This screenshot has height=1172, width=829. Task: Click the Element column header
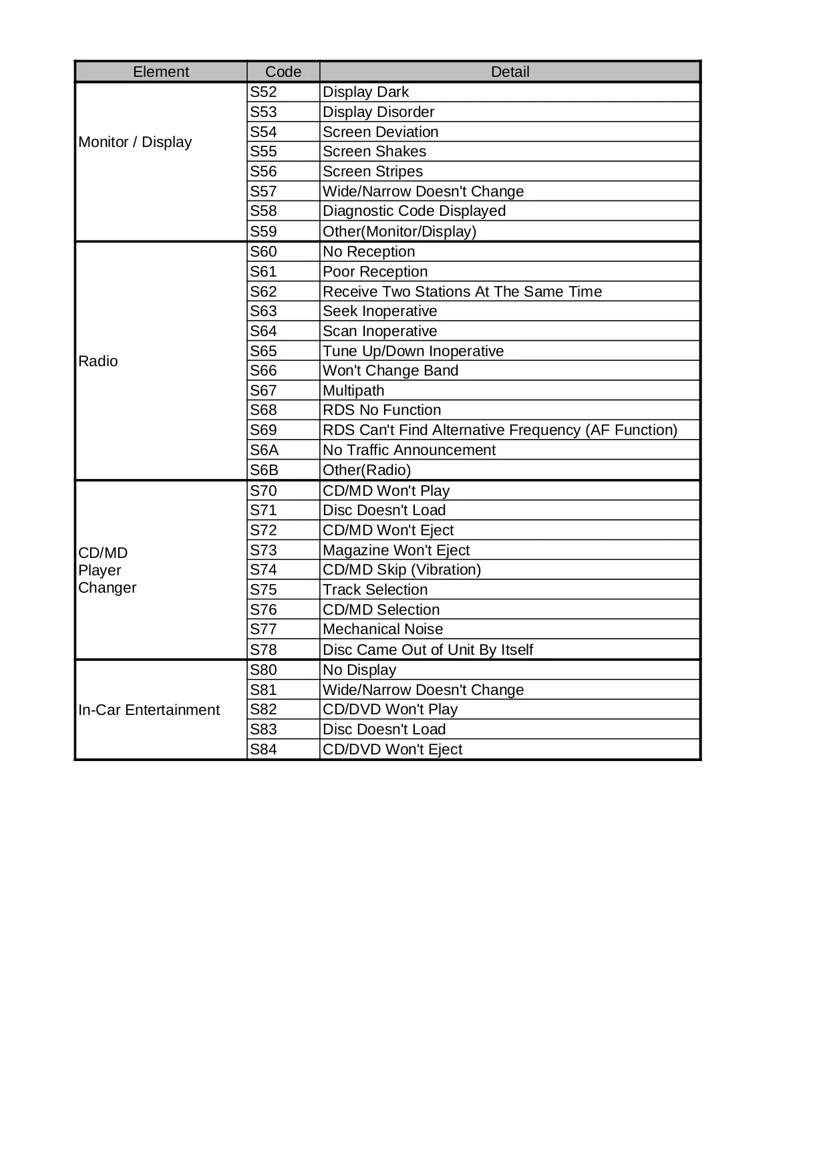(161, 71)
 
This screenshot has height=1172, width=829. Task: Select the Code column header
(283, 71)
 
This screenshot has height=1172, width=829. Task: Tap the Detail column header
(510, 71)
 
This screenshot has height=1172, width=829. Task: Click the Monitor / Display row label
(135, 142)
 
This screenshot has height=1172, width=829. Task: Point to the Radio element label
(98, 361)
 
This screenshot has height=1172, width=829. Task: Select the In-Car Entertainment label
(149, 710)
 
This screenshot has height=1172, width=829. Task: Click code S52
(263, 92)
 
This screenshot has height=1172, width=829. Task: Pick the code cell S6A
(264, 450)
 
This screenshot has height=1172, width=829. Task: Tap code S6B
(264, 470)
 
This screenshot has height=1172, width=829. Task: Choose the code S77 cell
(263, 629)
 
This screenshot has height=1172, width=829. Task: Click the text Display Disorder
(378, 112)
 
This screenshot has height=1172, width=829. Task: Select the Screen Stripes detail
(373, 171)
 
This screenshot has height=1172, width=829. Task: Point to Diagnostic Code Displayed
(414, 210)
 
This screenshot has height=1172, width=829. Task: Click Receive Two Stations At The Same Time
(462, 291)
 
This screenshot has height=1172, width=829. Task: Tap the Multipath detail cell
(353, 390)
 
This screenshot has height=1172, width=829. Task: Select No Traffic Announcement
(409, 450)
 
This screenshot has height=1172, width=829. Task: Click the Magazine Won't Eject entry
(396, 550)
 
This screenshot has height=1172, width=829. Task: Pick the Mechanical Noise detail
(383, 629)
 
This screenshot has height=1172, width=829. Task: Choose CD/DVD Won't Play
(390, 709)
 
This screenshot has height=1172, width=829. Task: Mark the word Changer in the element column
(107, 587)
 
